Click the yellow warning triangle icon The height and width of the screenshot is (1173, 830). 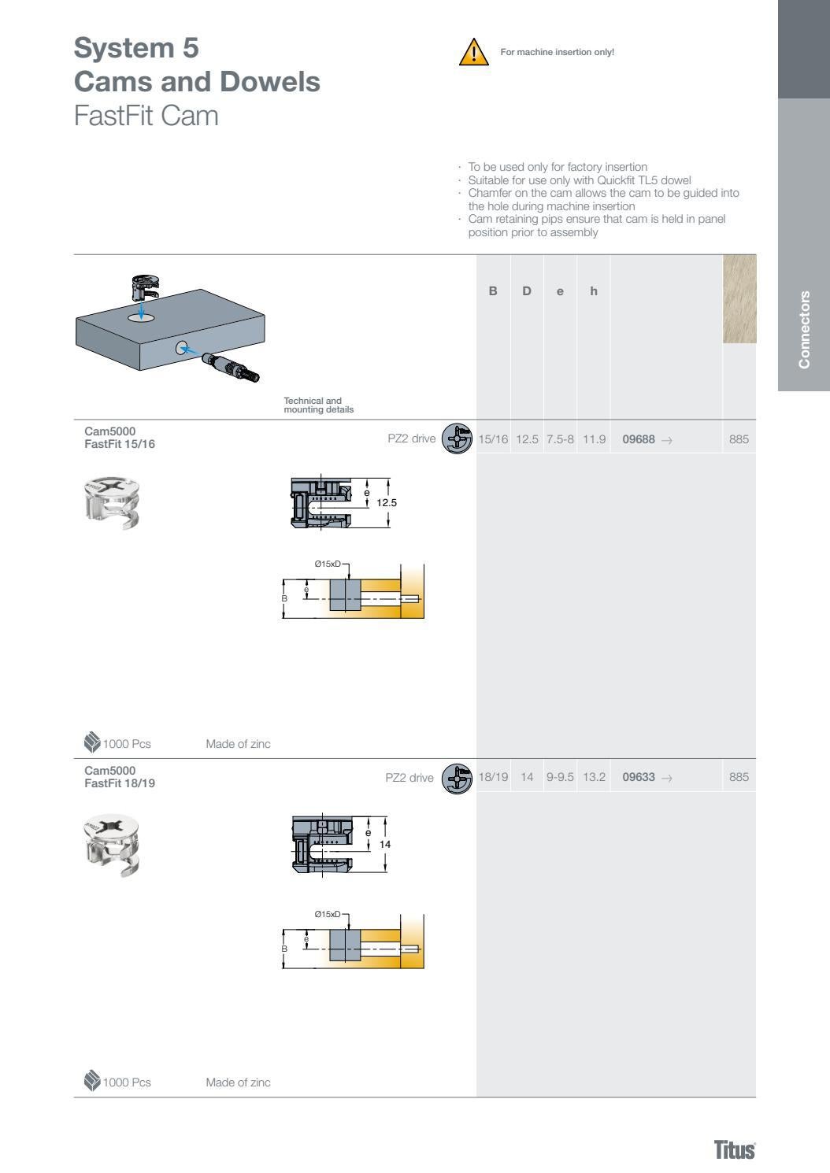(x=473, y=52)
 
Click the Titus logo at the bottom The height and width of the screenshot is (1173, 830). (x=734, y=1149)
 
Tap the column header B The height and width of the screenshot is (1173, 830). (x=493, y=291)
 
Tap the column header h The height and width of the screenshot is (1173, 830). (x=594, y=291)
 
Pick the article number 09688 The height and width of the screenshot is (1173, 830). (x=639, y=439)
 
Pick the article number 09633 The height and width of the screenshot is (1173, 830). (x=639, y=777)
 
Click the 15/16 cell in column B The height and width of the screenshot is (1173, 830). (x=493, y=439)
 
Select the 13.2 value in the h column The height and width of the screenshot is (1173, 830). (x=594, y=777)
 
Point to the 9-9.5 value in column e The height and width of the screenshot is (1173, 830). (x=560, y=777)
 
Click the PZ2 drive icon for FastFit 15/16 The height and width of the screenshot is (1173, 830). (x=457, y=439)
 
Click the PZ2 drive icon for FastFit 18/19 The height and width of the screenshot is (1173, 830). (x=457, y=779)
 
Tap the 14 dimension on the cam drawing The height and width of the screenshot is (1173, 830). (x=385, y=844)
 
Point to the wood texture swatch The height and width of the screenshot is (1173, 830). (x=739, y=298)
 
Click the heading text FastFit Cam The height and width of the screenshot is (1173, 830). (x=146, y=116)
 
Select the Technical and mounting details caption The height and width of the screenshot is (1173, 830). (x=318, y=405)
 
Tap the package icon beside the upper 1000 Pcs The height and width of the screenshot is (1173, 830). (x=92, y=742)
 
